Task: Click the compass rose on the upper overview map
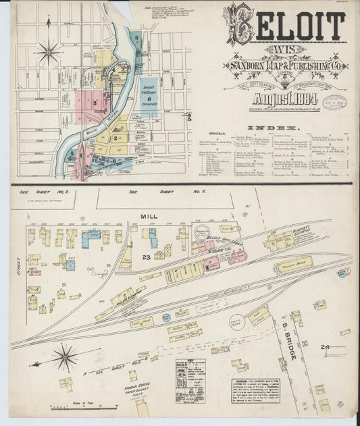pyautogui.click(x=49, y=50)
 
